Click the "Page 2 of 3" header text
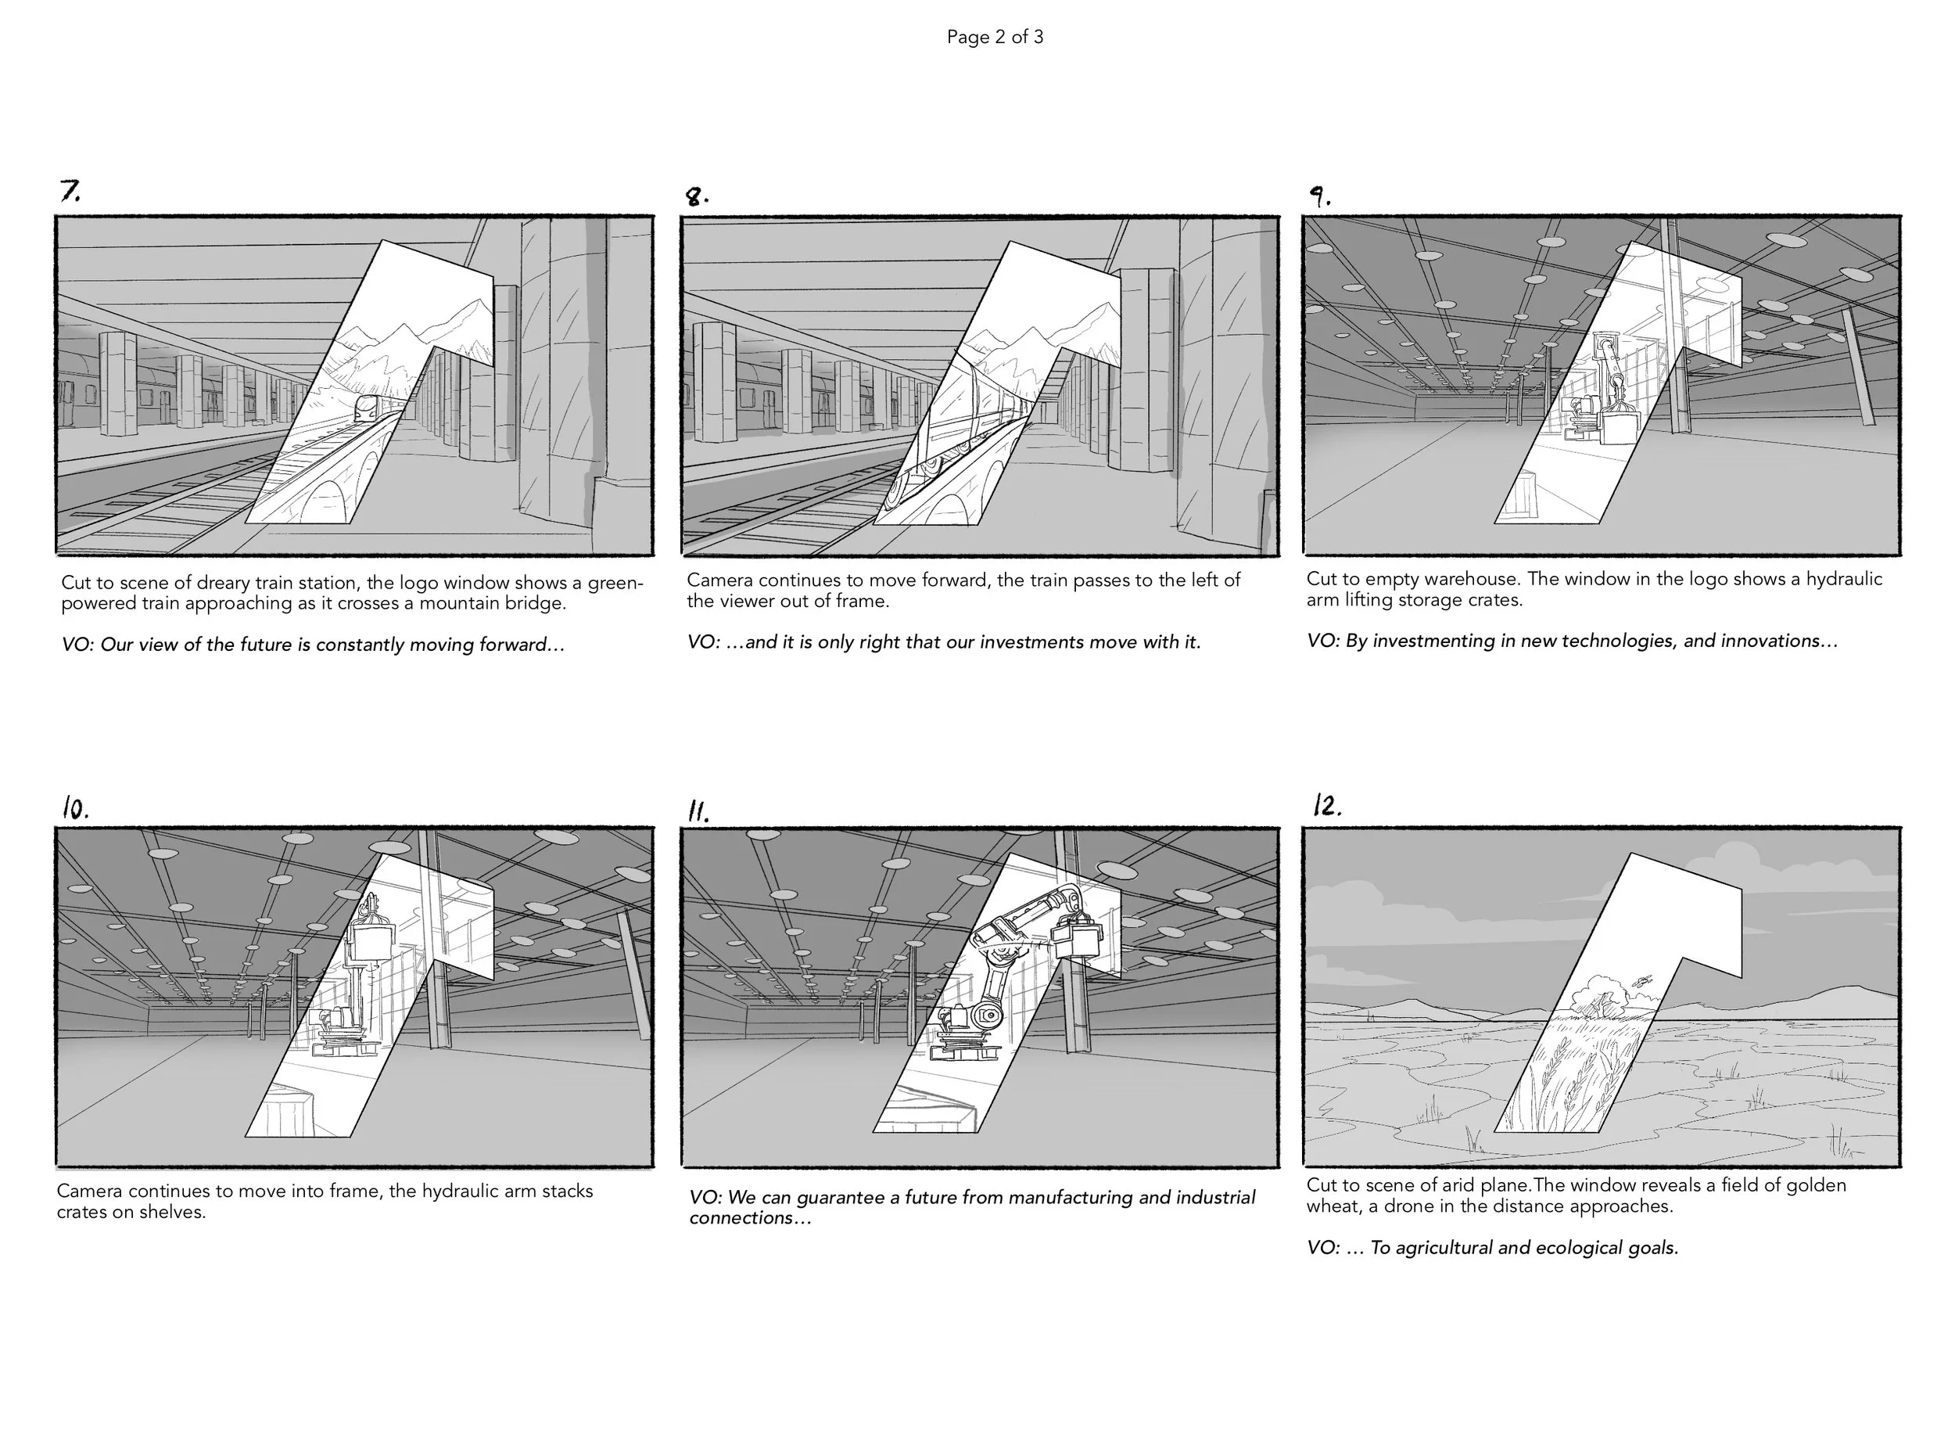(x=994, y=37)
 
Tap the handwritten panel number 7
(x=69, y=190)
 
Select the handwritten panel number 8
(x=696, y=197)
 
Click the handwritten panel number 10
(x=75, y=808)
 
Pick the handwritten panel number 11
(x=698, y=812)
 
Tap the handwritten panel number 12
(x=1326, y=805)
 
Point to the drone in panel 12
(x=1643, y=981)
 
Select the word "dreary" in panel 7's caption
(x=223, y=584)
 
